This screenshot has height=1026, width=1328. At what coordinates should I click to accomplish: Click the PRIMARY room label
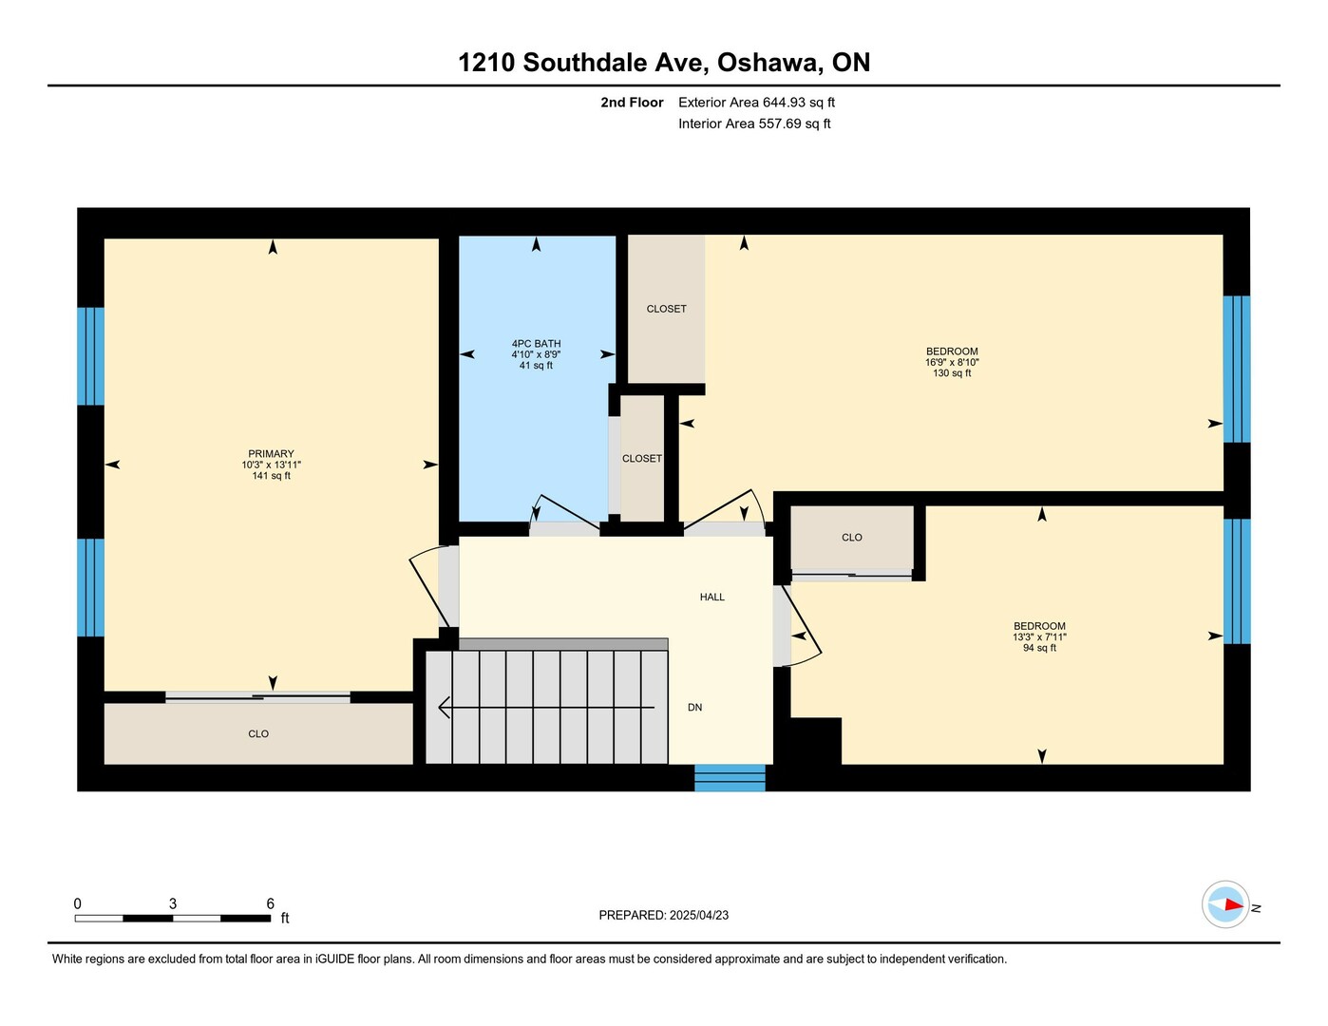click(271, 453)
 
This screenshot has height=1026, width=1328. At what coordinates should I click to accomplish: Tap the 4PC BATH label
click(536, 344)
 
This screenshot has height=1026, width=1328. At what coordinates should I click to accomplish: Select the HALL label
click(712, 597)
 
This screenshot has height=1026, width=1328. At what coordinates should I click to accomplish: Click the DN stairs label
click(694, 707)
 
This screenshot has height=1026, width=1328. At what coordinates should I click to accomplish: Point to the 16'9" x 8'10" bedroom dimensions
click(952, 362)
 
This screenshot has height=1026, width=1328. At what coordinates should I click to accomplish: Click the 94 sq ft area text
click(1039, 648)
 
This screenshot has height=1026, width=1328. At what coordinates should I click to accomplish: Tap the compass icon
click(1224, 904)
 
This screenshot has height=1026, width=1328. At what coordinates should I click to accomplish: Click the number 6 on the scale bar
click(270, 903)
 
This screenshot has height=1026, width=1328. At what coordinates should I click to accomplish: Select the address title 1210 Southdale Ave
click(583, 63)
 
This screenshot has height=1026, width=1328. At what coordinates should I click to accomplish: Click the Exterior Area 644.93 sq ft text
click(756, 102)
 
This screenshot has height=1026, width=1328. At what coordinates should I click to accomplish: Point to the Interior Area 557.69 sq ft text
click(754, 123)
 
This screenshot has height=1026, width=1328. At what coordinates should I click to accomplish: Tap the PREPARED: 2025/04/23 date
click(664, 915)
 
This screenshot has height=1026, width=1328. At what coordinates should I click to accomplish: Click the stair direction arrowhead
click(445, 708)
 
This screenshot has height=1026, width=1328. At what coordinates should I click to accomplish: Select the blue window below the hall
click(730, 777)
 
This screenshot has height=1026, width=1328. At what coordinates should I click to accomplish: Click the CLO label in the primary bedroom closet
click(257, 733)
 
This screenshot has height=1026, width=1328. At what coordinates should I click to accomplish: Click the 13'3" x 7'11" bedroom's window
click(1237, 581)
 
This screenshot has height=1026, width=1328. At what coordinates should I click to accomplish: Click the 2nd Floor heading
click(632, 102)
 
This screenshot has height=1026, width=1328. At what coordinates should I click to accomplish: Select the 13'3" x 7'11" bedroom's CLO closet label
click(852, 537)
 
